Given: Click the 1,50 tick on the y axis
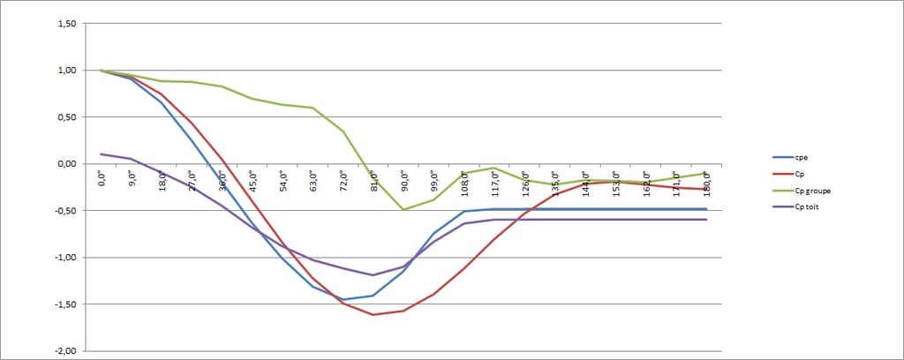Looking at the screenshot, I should [65, 24].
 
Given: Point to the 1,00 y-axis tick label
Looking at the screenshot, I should [65, 71].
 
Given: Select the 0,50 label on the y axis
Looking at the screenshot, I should [65, 117].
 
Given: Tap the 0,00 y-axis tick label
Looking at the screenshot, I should [65, 164].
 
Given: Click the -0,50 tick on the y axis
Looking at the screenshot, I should [64, 211].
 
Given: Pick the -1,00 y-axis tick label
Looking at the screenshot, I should [64, 258].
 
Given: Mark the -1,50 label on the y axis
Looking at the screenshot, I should [64, 304].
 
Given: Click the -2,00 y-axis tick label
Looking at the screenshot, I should [64, 351].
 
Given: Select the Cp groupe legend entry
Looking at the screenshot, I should [813, 190].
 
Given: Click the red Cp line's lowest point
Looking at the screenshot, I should [373, 315].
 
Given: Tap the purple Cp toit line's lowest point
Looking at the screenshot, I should [373, 275].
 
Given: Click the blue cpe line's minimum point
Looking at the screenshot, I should [343, 300].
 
